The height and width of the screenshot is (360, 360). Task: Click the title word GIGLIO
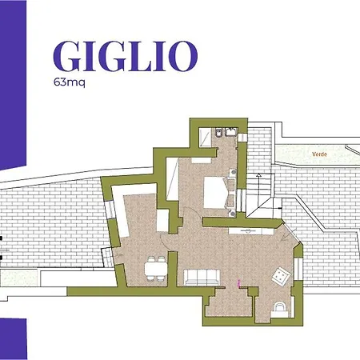[x=125, y=55]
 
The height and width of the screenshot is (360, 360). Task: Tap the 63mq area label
[x=69, y=82]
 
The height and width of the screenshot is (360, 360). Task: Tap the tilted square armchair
[x=282, y=276]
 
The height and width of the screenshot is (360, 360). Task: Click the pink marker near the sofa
[x=238, y=281]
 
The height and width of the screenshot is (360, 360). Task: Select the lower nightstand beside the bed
[x=232, y=210]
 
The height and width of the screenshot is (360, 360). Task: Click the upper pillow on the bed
[x=225, y=186]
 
